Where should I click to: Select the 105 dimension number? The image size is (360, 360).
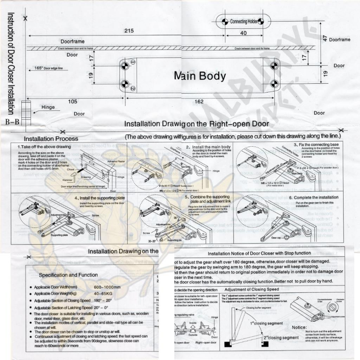coord(73,101)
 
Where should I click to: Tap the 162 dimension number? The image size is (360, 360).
coord(199,101)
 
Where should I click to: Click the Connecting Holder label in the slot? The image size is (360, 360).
coord(244,22)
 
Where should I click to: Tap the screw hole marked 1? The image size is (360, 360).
coord(124,67)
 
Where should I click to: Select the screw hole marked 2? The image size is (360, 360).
coord(124,84)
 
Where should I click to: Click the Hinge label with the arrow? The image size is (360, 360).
coord(48,107)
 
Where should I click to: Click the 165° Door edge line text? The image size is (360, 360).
coord(49,68)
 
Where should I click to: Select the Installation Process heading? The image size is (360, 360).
coord(51,139)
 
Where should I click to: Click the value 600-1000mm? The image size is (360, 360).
coord(107,288)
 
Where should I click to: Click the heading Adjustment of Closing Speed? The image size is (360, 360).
coord(251,289)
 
